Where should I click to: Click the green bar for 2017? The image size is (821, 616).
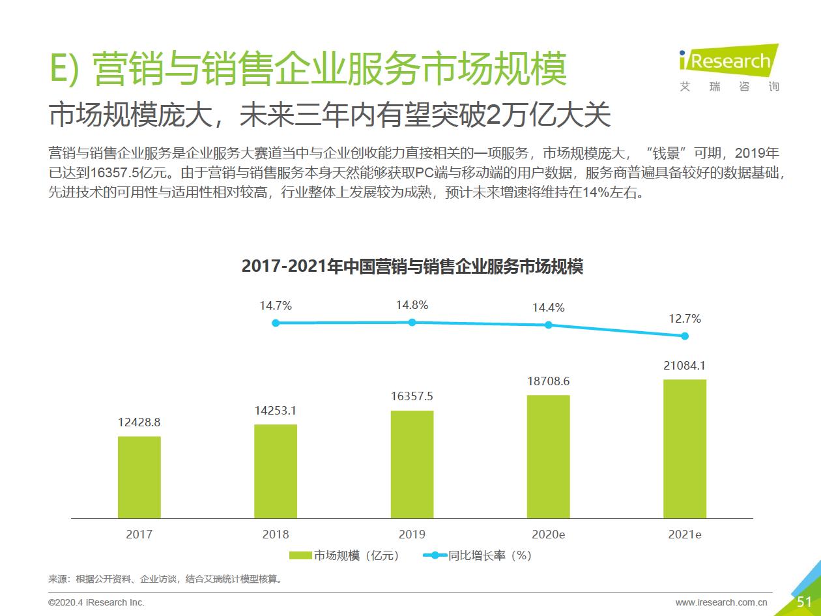[139, 477]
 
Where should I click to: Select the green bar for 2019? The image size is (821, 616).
[412, 463]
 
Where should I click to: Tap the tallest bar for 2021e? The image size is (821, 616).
[685, 448]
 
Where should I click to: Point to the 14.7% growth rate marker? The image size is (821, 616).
[276, 323]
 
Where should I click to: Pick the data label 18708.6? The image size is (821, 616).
[548, 381]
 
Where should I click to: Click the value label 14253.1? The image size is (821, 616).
[276, 411]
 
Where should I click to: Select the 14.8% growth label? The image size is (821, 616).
[412, 304]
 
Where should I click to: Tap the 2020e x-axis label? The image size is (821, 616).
[548, 535]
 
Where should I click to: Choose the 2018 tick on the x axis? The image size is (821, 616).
[276, 535]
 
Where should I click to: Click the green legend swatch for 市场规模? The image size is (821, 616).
[300, 555]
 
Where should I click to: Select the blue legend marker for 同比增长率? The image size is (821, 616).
[435, 555]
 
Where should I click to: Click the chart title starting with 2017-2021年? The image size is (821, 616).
[412, 267]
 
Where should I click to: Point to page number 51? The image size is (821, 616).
[804, 602]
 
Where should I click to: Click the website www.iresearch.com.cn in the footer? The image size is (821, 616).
[721, 602]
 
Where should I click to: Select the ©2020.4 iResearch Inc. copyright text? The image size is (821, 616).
[96, 602]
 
